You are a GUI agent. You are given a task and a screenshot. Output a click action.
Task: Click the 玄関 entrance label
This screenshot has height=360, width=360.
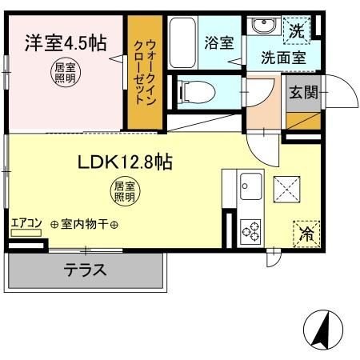click(x=305, y=91)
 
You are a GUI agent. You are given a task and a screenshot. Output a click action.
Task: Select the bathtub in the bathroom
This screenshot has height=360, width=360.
click(x=183, y=42)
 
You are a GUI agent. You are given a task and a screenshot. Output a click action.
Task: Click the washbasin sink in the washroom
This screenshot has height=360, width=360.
click(x=262, y=26)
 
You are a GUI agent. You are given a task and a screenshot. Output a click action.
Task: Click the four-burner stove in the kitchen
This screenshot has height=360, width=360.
click(x=251, y=230)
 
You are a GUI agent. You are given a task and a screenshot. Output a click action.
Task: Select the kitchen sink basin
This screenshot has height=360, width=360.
click(x=252, y=186)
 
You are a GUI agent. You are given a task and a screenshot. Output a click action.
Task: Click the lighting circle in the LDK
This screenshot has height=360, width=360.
click(x=123, y=192)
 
